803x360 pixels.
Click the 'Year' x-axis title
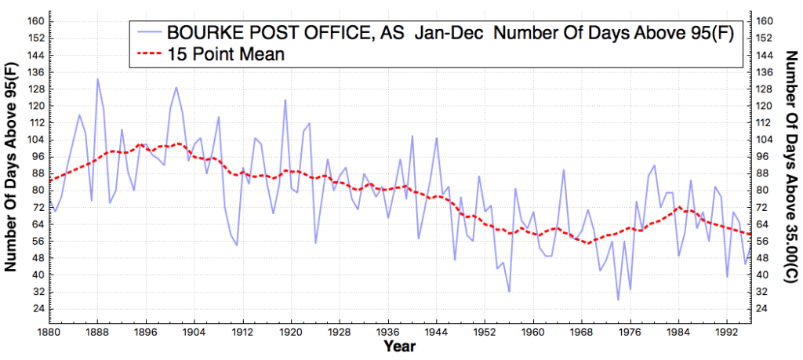click(x=400, y=345)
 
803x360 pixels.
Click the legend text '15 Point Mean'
click(x=224, y=55)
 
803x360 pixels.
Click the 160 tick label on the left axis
click(x=37, y=21)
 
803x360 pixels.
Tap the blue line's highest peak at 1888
click(x=98, y=78)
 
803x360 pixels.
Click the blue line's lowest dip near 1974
click(x=618, y=300)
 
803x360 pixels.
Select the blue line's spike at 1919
click(x=285, y=100)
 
